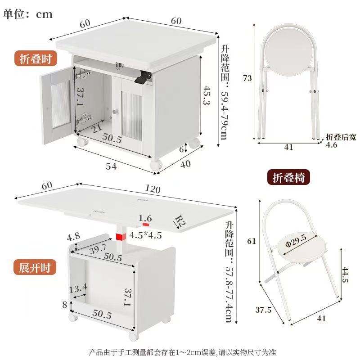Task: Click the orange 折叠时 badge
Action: (36, 58)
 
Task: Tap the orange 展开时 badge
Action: (35, 267)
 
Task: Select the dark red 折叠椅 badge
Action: (288, 177)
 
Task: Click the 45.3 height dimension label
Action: (207, 95)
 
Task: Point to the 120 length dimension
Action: (153, 189)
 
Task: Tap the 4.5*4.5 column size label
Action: (145, 235)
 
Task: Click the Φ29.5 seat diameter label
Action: (296, 241)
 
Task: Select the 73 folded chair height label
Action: (247, 78)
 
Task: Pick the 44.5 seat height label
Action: (345, 274)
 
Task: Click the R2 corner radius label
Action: (180, 221)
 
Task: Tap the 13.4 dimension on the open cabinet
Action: (78, 288)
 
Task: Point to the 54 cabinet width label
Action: (111, 166)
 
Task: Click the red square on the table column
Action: (121, 237)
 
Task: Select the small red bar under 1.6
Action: (146, 224)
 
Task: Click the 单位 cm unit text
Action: (27, 14)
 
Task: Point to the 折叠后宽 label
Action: (341, 137)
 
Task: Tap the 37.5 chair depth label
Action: (263, 310)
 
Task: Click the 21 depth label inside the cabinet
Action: (97, 128)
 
